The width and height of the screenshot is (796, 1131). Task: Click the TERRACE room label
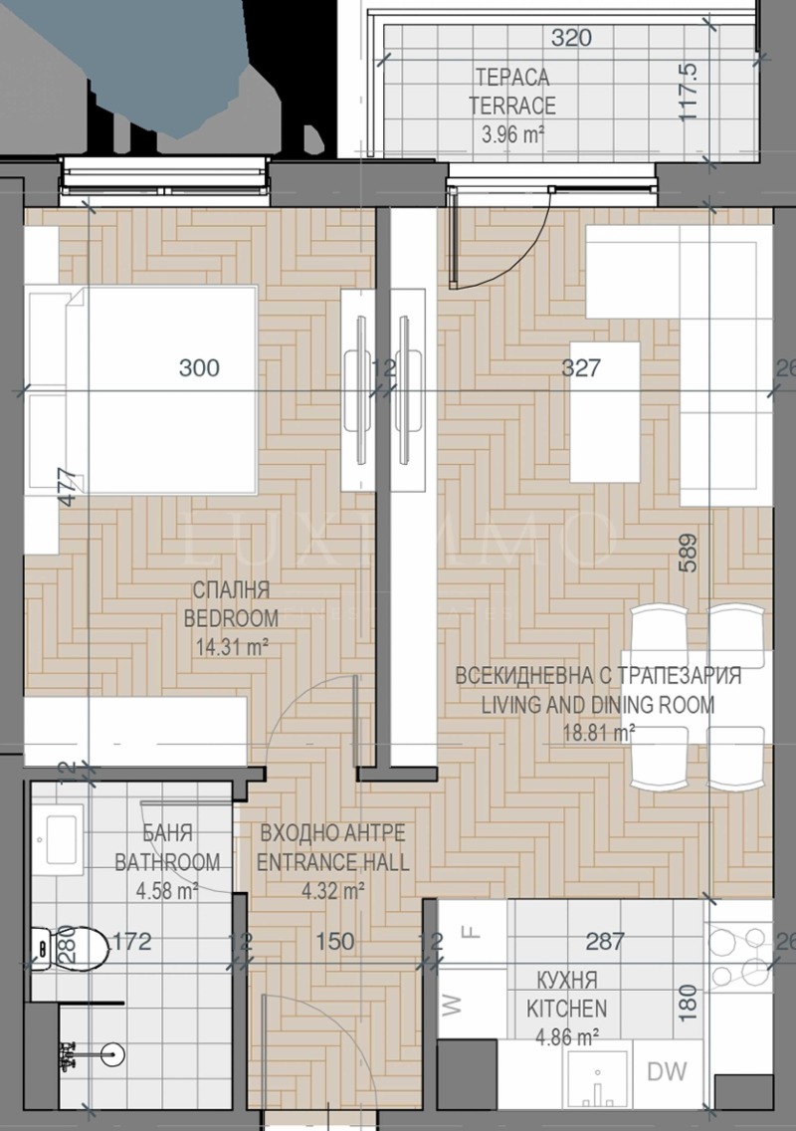click(514, 106)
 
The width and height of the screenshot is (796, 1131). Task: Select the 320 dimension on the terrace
click(571, 39)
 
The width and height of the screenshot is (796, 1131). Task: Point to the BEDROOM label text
click(231, 617)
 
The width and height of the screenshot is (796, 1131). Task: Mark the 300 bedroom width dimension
click(199, 368)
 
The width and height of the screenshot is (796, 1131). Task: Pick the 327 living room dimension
click(581, 368)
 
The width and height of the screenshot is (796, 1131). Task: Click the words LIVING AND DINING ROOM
click(598, 706)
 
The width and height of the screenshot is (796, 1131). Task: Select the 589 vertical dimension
click(688, 554)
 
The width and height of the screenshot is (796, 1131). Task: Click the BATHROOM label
click(167, 861)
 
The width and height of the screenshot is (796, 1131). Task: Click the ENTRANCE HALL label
click(332, 862)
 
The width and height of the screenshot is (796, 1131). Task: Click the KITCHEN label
click(566, 1008)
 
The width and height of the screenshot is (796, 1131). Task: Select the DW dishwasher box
click(667, 1072)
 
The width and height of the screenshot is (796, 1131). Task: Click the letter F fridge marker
click(474, 933)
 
